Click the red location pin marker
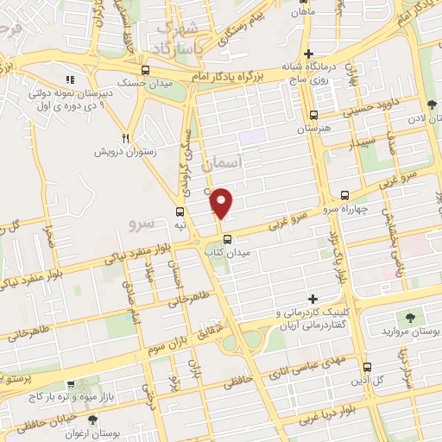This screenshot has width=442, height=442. click(x=223, y=202)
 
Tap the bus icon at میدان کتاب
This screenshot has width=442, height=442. click(x=227, y=239)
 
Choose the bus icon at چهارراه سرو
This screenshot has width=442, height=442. click(x=344, y=195)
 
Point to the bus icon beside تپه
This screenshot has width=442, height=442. click(x=180, y=212)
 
